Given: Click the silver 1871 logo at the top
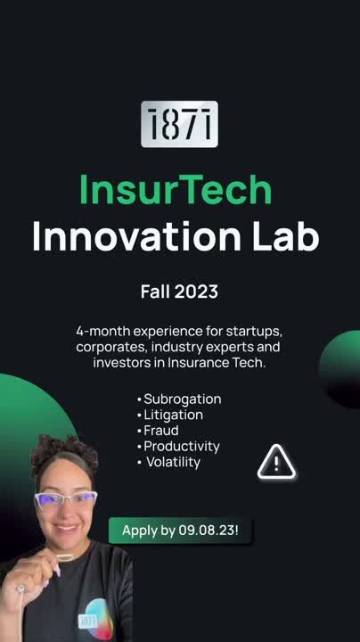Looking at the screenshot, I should [x=179, y=124].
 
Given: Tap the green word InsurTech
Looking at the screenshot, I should [x=175, y=190].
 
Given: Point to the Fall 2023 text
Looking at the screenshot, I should [x=179, y=292].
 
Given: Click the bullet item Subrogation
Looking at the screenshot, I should [x=182, y=399].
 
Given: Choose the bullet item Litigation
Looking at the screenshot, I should [x=173, y=415].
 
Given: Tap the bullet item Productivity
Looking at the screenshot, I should [x=181, y=446].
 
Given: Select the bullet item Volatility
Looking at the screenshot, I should [x=172, y=462].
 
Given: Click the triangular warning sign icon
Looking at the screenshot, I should [x=276, y=463].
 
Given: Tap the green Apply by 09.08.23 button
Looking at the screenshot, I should [x=180, y=531].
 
